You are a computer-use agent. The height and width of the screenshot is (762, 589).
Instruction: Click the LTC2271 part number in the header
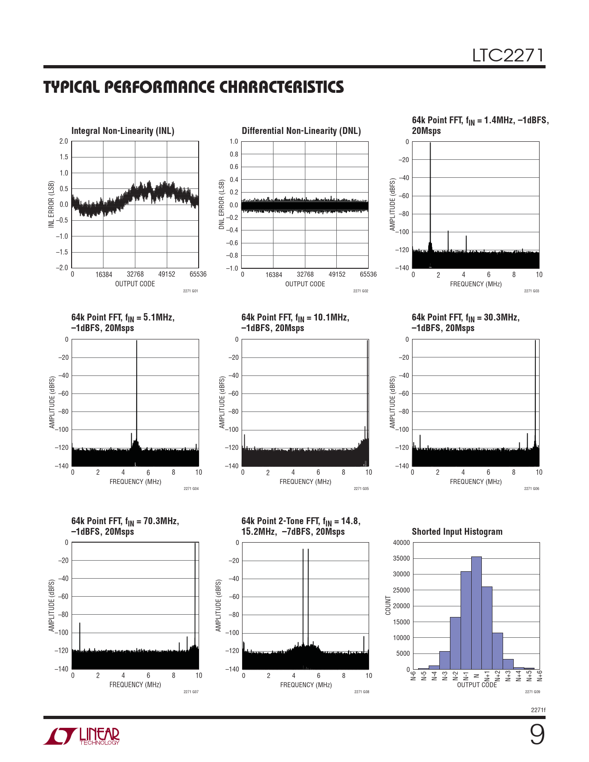(x=508, y=56)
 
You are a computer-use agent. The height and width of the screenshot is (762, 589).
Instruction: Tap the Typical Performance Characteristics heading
(x=194, y=87)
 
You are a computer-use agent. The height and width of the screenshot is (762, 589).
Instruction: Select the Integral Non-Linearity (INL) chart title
(x=122, y=131)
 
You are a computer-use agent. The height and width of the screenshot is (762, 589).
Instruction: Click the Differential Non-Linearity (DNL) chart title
(x=301, y=131)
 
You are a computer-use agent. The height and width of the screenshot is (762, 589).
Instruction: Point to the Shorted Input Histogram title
(x=457, y=532)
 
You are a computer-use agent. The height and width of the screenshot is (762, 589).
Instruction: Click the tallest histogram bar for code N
(x=476, y=614)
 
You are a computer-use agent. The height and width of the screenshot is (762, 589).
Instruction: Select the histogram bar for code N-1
(x=466, y=621)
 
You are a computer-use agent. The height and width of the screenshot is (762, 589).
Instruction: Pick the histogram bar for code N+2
(x=498, y=651)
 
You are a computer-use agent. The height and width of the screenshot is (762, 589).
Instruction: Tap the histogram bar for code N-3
(x=444, y=660)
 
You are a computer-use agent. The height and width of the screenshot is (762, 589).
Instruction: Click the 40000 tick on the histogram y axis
(x=401, y=543)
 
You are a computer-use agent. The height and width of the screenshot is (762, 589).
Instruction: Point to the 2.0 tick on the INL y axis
(x=63, y=141)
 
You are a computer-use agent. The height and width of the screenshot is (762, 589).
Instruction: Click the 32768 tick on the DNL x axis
(x=305, y=274)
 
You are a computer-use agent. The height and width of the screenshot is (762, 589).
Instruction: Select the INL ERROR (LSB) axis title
(x=51, y=204)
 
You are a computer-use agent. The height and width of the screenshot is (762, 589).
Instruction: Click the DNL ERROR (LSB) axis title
(x=221, y=204)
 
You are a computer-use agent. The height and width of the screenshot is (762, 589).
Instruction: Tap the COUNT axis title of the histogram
(x=388, y=605)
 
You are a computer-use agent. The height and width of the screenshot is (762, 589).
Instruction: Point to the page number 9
(x=537, y=735)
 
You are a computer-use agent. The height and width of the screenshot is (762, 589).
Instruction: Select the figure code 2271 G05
(x=361, y=489)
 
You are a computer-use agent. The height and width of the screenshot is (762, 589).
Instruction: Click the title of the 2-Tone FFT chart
(x=301, y=526)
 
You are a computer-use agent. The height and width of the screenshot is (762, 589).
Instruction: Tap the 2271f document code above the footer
(x=538, y=710)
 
